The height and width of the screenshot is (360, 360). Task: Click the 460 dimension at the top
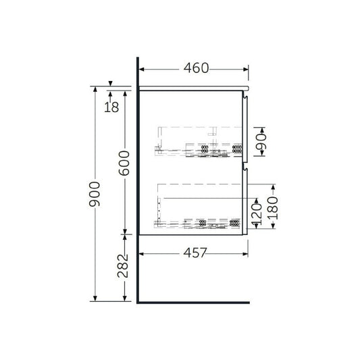[195, 68]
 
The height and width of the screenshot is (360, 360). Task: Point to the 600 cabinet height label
[124, 163]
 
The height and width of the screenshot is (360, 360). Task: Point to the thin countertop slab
[192, 88]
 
